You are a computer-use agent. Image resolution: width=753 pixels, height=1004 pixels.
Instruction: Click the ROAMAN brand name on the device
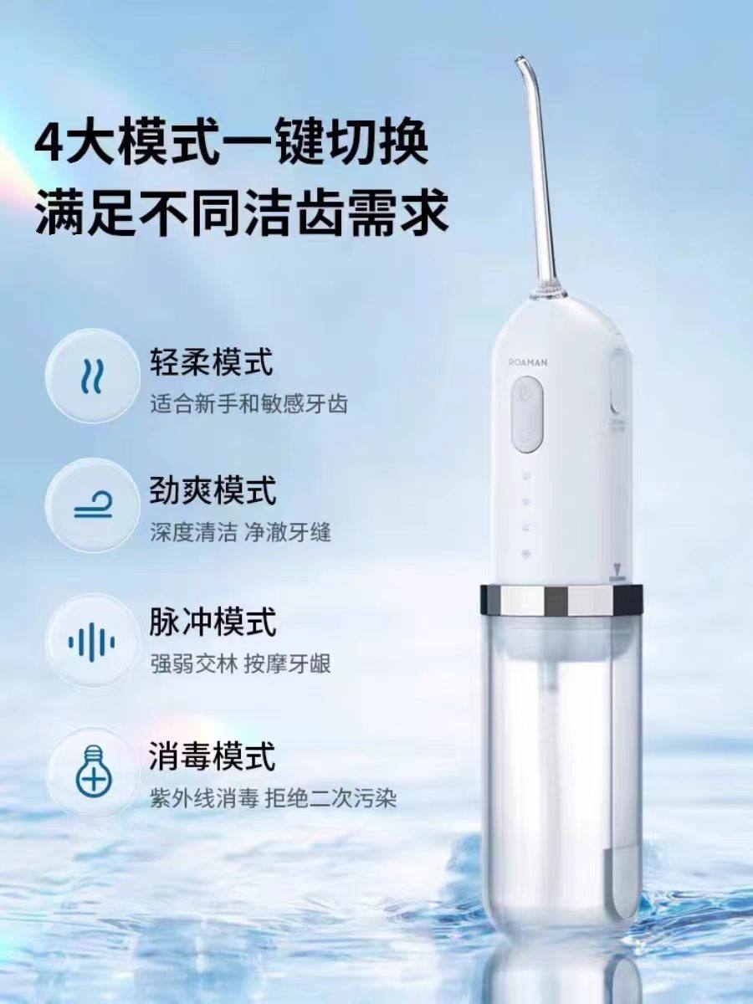(528, 363)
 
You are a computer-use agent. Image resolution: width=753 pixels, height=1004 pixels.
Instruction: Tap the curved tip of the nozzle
(520, 60)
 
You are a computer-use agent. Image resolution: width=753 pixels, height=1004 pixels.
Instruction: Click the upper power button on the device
(526, 394)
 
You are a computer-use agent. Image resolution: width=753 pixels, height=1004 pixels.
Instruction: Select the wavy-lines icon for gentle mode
(93, 376)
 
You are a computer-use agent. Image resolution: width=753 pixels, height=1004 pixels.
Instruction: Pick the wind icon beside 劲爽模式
(93, 505)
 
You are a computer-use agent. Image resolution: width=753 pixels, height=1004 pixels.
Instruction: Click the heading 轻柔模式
(212, 361)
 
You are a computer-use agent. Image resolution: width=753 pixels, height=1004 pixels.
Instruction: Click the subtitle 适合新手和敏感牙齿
(249, 404)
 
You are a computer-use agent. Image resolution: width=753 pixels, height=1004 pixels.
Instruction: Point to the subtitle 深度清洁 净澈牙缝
(240, 533)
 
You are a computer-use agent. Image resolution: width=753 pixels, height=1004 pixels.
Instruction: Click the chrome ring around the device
(561, 599)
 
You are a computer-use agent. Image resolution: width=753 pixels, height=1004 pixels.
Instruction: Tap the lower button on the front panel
(526, 435)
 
